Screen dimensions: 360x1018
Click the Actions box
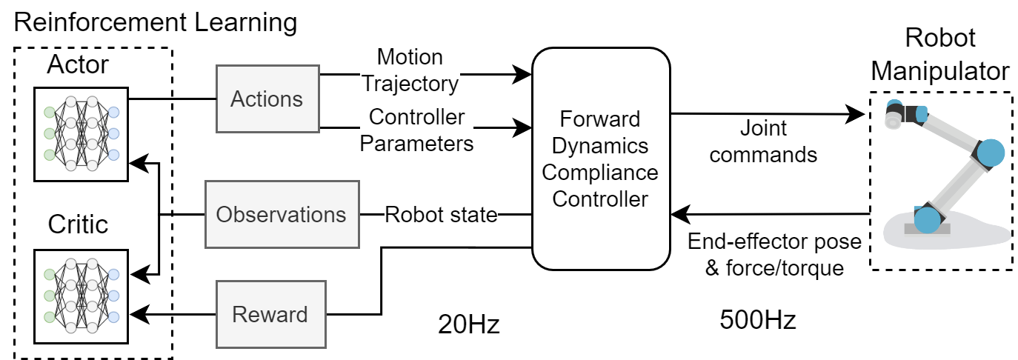[266, 99]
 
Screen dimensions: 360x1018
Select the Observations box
[281, 215]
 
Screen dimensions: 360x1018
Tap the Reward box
[270, 314]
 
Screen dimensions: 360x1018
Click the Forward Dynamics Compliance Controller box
[600, 160]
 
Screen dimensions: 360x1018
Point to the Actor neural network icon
[81, 133]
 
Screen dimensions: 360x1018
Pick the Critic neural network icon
[81, 296]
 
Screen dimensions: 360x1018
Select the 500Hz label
[757, 320]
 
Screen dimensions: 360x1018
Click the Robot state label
[441, 215]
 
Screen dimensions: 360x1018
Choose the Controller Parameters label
[417, 130]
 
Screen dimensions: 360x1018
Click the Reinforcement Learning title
[156, 22]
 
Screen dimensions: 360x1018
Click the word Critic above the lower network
[79, 224]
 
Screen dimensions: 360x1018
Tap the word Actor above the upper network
[78, 64]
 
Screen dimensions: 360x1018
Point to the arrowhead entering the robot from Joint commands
[859, 115]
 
